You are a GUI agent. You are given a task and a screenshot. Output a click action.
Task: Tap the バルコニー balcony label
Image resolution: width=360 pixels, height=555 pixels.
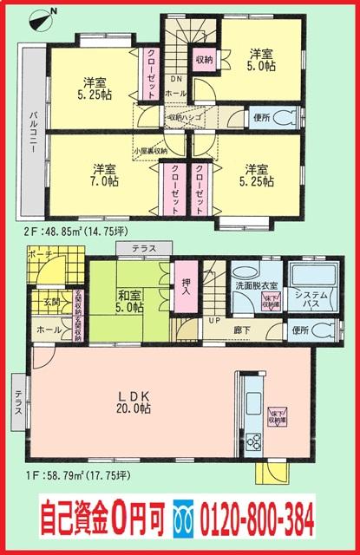point(29,132)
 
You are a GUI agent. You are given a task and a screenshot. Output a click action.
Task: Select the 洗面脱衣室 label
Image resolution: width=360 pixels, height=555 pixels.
point(256,285)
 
